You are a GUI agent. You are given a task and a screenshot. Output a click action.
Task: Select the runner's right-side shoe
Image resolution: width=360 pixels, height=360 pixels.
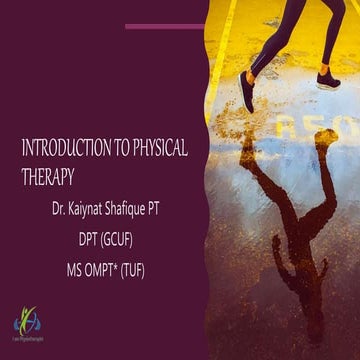tap(329, 78)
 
